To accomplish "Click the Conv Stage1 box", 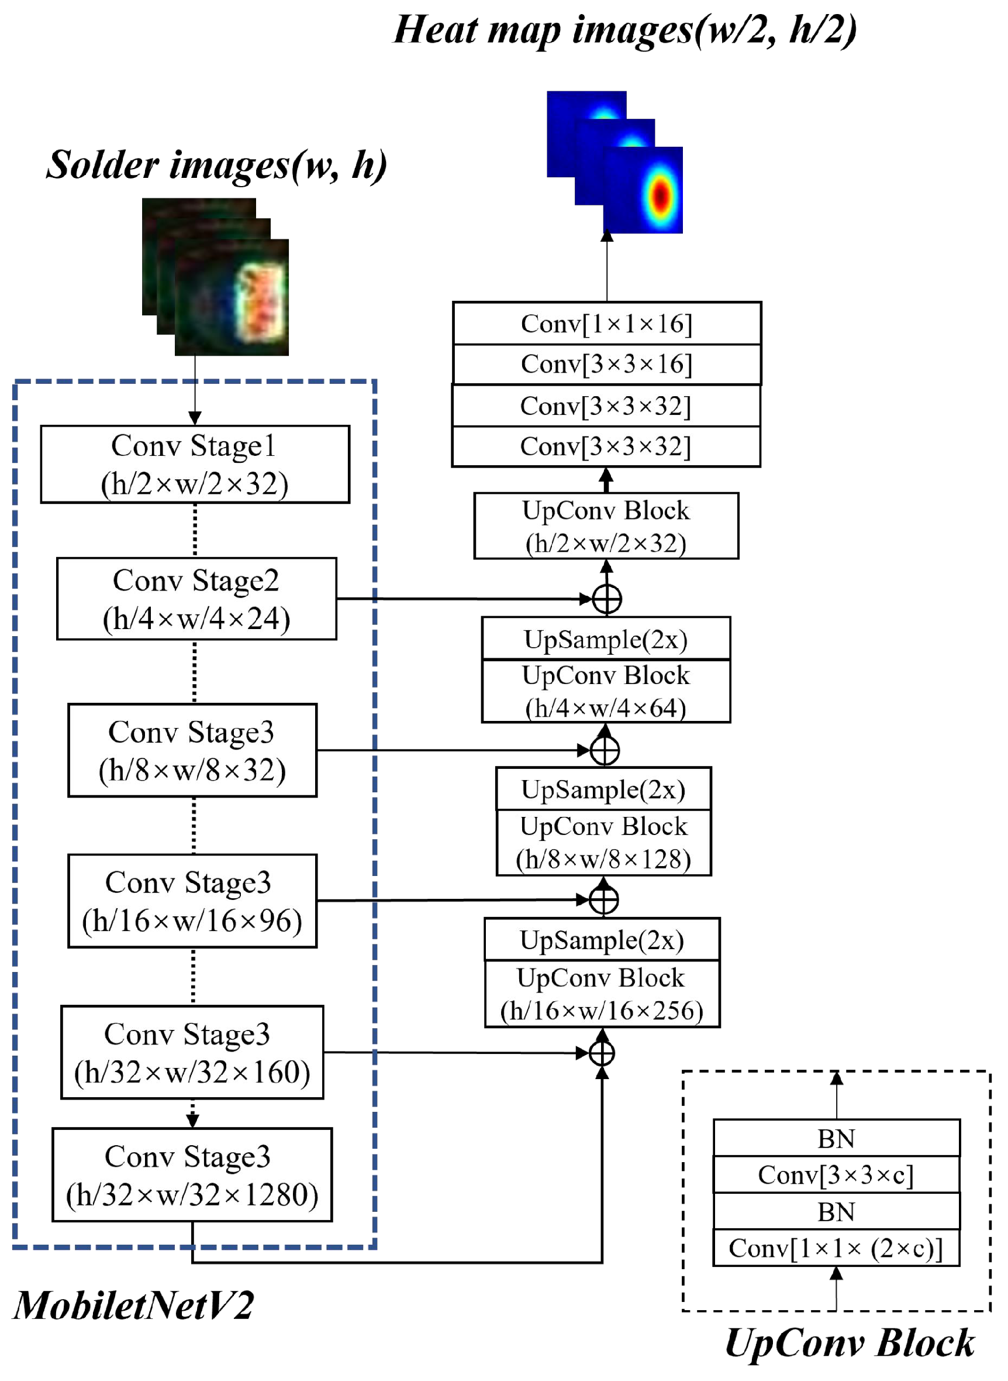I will (x=195, y=465).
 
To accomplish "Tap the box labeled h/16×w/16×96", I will (x=192, y=901).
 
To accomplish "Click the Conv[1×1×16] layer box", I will (x=606, y=324).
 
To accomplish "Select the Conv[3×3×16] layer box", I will (x=606, y=364).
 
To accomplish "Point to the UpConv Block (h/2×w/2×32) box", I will (x=606, y=525).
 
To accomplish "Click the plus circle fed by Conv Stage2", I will (x=607, y=599).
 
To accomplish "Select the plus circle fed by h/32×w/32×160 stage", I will (x=602, y=1053).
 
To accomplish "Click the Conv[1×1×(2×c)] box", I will (x=836, y=1248).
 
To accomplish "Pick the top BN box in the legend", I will (x=836, y=1138).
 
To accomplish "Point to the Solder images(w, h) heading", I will (x=216, y=165).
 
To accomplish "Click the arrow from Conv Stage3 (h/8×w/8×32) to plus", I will (x=451, y=750).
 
